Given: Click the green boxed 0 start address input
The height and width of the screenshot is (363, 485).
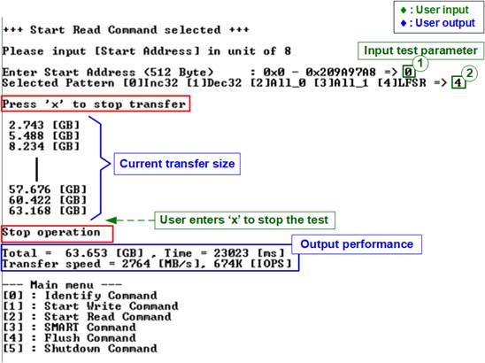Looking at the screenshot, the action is [408, 73].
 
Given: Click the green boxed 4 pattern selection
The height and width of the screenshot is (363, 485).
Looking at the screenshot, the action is [458, 82].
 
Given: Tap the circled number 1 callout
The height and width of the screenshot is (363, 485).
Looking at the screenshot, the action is [420, 64].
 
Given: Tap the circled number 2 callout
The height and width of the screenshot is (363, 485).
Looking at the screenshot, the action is [469, 73].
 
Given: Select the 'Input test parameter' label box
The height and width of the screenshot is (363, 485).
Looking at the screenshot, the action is [420, 50].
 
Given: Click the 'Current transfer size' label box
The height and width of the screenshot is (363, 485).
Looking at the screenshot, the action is [177, 164].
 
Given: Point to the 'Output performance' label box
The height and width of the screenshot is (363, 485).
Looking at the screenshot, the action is [357, 244].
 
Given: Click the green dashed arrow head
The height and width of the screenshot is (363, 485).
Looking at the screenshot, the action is [111, 220].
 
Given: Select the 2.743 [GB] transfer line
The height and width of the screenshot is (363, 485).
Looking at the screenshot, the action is [44, 125].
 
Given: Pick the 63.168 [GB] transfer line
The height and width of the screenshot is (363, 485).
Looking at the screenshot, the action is [48, 211].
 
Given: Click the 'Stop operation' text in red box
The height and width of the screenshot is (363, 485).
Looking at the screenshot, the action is [51, 232].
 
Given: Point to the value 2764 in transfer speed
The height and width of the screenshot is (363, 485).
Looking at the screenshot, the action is [135, 264].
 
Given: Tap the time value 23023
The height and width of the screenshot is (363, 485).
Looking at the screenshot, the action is [231, 253].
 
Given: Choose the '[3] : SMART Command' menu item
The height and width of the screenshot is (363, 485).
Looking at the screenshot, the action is [69, 327].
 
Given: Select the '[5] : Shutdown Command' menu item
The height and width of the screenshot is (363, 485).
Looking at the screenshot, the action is [80, 349].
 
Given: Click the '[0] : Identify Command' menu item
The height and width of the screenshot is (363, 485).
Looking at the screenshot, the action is [80, 296].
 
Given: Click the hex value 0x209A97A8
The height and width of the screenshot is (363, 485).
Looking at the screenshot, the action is [341, 73].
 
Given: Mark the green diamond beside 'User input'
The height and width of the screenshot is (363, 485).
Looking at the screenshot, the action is [404, 11].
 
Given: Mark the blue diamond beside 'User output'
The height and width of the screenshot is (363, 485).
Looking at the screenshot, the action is [404, 23].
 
